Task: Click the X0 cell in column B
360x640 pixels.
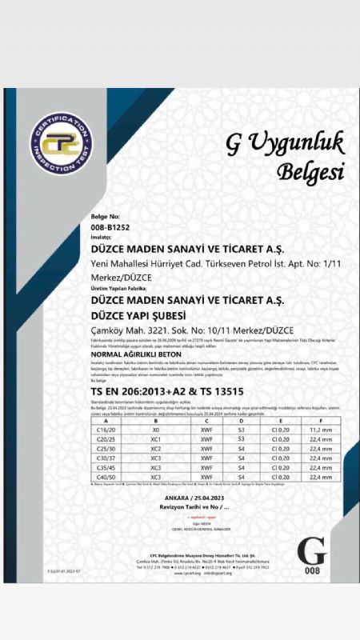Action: click(x=156, y=429)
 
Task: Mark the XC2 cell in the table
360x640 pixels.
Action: click(x=156, y=448)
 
